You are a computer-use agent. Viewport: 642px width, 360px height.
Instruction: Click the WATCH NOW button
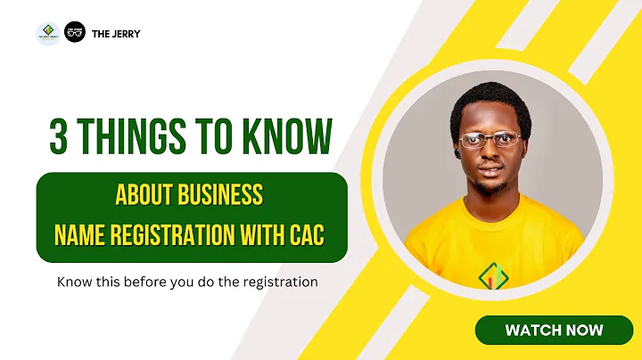coord(554,330)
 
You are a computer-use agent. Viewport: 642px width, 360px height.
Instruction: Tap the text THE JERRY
coord(116,34)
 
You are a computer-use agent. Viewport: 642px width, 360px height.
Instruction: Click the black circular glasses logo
coord(75,33)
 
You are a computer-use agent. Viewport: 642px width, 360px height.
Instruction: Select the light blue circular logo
coord(47,34)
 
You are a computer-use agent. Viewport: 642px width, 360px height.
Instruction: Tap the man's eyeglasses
coord(490,140)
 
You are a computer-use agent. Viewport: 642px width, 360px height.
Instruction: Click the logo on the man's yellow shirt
coord(491,277)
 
